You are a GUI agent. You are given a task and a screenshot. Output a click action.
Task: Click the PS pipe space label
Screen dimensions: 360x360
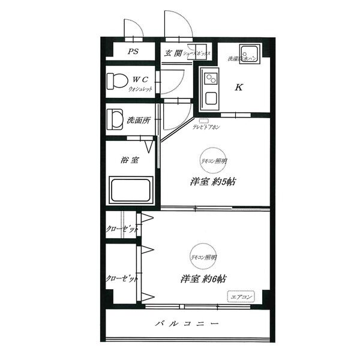[133, 52]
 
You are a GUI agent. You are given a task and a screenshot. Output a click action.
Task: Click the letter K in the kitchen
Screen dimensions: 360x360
[238, 88]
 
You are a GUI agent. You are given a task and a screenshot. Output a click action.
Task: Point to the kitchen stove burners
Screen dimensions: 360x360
[211, 79]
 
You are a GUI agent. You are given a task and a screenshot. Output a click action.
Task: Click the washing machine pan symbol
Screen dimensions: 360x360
[248, 52]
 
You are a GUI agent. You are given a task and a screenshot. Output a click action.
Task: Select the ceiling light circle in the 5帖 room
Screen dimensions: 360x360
[213, 161]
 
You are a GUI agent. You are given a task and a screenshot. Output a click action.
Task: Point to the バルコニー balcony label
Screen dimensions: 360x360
[185, 325]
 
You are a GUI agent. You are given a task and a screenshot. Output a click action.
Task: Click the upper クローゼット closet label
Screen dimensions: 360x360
[122, 229]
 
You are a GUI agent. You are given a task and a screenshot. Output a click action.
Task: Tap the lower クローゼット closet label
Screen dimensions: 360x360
[122, 279]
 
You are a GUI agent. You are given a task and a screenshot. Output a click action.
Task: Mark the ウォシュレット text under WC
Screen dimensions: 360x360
[140, 89]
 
